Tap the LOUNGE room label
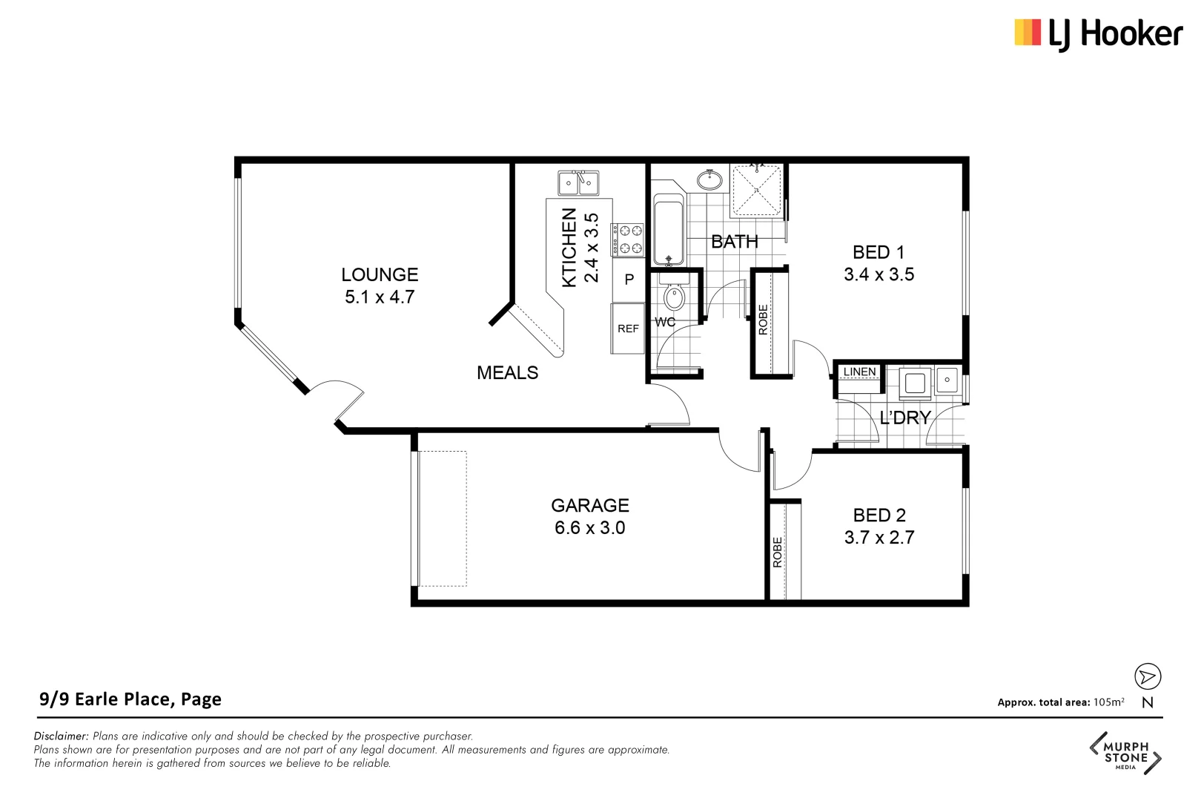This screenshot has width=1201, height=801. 380,274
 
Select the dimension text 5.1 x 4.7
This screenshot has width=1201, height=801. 380,297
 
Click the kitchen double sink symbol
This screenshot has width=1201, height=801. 578,182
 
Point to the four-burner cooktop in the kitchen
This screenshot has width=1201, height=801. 627,240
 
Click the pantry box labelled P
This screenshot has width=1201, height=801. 629,280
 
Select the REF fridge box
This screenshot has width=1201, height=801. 628,329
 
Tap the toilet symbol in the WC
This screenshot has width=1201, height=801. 674,297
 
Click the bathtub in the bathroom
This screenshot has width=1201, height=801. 668,230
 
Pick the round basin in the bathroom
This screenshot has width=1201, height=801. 709,179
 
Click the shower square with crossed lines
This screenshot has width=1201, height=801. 756,191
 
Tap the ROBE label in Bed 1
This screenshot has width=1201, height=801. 764,320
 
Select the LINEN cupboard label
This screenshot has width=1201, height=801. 859,372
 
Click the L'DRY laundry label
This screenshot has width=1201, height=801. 904,418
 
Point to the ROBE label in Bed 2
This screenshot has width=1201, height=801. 778,553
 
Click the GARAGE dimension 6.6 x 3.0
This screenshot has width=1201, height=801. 589,528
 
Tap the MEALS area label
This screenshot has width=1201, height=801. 507,373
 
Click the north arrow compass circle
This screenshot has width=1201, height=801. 1147,676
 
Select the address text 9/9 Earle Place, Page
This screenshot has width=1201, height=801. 130,699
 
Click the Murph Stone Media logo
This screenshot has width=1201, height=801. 1125,754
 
